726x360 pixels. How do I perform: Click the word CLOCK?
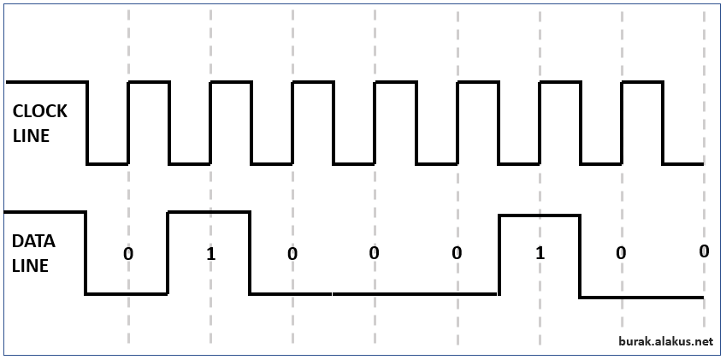click(40, 111)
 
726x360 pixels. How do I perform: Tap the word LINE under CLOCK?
click(31, 136)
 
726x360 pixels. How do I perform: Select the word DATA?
click(33, 241)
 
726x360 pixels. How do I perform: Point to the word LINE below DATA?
click(30, 266)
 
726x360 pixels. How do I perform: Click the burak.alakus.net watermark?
click(666, 341)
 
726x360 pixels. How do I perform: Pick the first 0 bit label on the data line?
click(128, 254)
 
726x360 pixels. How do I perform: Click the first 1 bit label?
click(210, 254)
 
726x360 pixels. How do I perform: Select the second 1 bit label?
click(540, 254)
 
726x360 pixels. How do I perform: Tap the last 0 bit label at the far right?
click(704, 251)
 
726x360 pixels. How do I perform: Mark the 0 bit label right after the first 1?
click(292, 254)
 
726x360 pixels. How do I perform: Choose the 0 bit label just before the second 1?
click(457, 254)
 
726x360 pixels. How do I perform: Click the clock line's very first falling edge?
click(87, 122)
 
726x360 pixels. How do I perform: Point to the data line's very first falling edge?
click(86, 252)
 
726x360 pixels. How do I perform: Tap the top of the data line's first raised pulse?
click(210, 212)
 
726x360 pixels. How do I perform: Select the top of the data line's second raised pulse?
click(539, 215)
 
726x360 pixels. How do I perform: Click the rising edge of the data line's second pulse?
click(499, 255)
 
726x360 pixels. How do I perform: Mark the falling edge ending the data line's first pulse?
click(250, 252)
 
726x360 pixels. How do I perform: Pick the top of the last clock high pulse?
click(642, 82)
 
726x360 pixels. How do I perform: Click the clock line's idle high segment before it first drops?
click(47, 82)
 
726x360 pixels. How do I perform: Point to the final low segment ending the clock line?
click(683, 164)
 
